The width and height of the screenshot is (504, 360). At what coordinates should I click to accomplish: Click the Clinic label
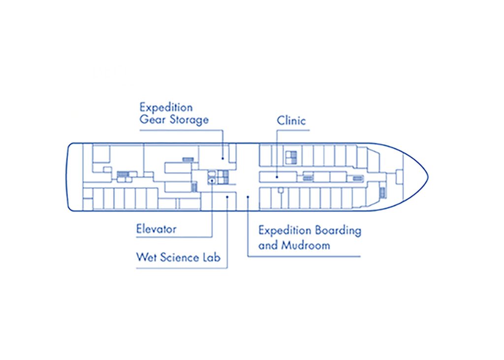[x=291, y=120]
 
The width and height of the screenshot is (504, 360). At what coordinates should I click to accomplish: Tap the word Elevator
[x=156, y=229]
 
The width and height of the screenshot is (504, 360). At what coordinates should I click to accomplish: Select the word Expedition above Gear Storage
[x=166, y=107]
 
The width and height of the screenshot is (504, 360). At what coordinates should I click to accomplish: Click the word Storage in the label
[x=189, y=119]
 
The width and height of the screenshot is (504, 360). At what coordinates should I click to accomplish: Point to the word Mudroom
[x=305, y=245]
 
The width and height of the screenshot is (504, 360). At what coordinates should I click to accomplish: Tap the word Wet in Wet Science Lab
[x=145, y=257]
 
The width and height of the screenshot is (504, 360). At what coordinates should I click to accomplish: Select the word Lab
[x=212, y=257]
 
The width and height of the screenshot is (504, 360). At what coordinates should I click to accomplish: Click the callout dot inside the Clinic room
[x=277, y=176]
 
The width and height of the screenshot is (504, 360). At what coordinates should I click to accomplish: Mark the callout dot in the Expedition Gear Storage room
[x=222, y=158]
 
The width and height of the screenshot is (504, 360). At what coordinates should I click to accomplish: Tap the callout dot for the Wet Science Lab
[x=227, y=197]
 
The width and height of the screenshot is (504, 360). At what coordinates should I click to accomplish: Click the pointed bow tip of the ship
[x=428, y=176]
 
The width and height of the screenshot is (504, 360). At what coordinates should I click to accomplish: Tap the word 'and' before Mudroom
[x=268, y=245]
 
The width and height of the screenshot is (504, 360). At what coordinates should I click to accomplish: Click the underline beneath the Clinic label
[x=293, y=131]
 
